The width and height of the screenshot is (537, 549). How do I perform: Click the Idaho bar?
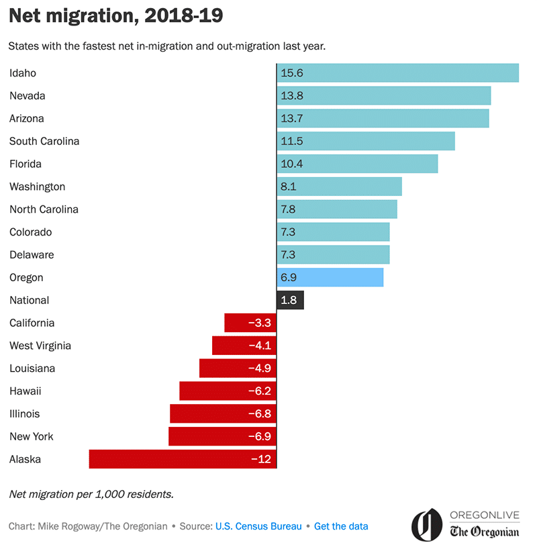[x=397, y=73]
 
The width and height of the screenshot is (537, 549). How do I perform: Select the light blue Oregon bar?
[x=330, y=277]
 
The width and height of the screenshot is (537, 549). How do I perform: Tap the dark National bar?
[x=290, y=300]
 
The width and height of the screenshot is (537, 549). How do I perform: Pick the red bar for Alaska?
[x=183, y=459]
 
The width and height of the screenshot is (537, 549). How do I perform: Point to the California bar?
[x=250, y=323]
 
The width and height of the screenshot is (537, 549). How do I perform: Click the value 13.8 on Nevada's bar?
[x=292, y=96]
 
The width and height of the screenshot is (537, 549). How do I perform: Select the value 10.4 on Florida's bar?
[x=292, y=164]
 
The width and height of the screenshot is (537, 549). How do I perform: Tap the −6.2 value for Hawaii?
[x=259, y=391]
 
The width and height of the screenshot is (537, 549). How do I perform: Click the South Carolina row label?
[x=44, y=141]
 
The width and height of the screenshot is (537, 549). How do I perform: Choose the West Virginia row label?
[x=40, y=346]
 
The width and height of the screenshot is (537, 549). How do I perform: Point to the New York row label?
[x=32, y=436]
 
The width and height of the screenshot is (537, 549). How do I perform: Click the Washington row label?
[x=38, y=187]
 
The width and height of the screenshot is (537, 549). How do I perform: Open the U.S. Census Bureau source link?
[x=258, y=526]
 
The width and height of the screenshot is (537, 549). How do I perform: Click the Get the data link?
[x=341, y=526]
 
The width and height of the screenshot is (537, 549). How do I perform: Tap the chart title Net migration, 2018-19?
[x=115, y=16]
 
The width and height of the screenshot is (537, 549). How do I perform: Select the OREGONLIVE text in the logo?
[x=485, y=515]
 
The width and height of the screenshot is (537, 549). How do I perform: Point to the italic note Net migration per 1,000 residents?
[x=91, y=494]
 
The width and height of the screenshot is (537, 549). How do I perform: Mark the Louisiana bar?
[x=238, y=368]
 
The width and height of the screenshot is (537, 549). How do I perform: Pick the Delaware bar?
[x=333, y=254]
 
